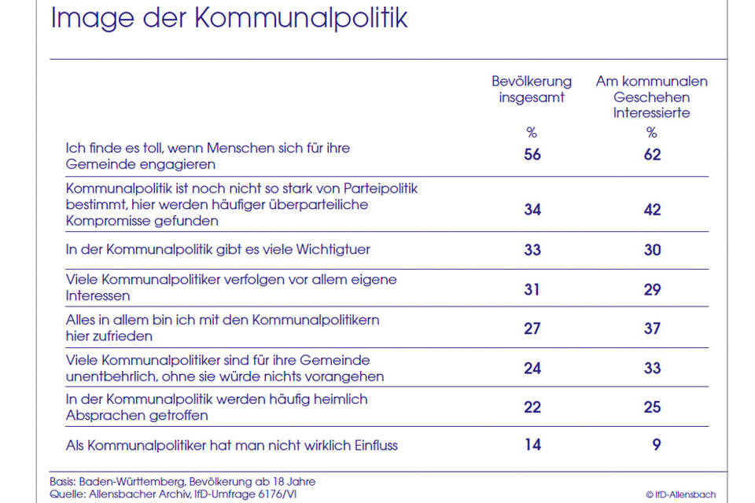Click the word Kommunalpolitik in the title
301,18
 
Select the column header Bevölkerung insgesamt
532,89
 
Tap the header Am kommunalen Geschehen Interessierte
651,97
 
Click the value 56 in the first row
532,155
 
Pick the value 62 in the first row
652,155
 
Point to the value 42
652,209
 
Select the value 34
532,209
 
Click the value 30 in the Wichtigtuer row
652,250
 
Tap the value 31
532,289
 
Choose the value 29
652,289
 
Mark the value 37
652,329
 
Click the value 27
532,329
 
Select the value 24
532,369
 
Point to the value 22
532,407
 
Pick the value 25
652,407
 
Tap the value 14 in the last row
532,445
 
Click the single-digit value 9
656,445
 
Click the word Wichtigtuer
333,249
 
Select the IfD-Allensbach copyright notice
680,494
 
